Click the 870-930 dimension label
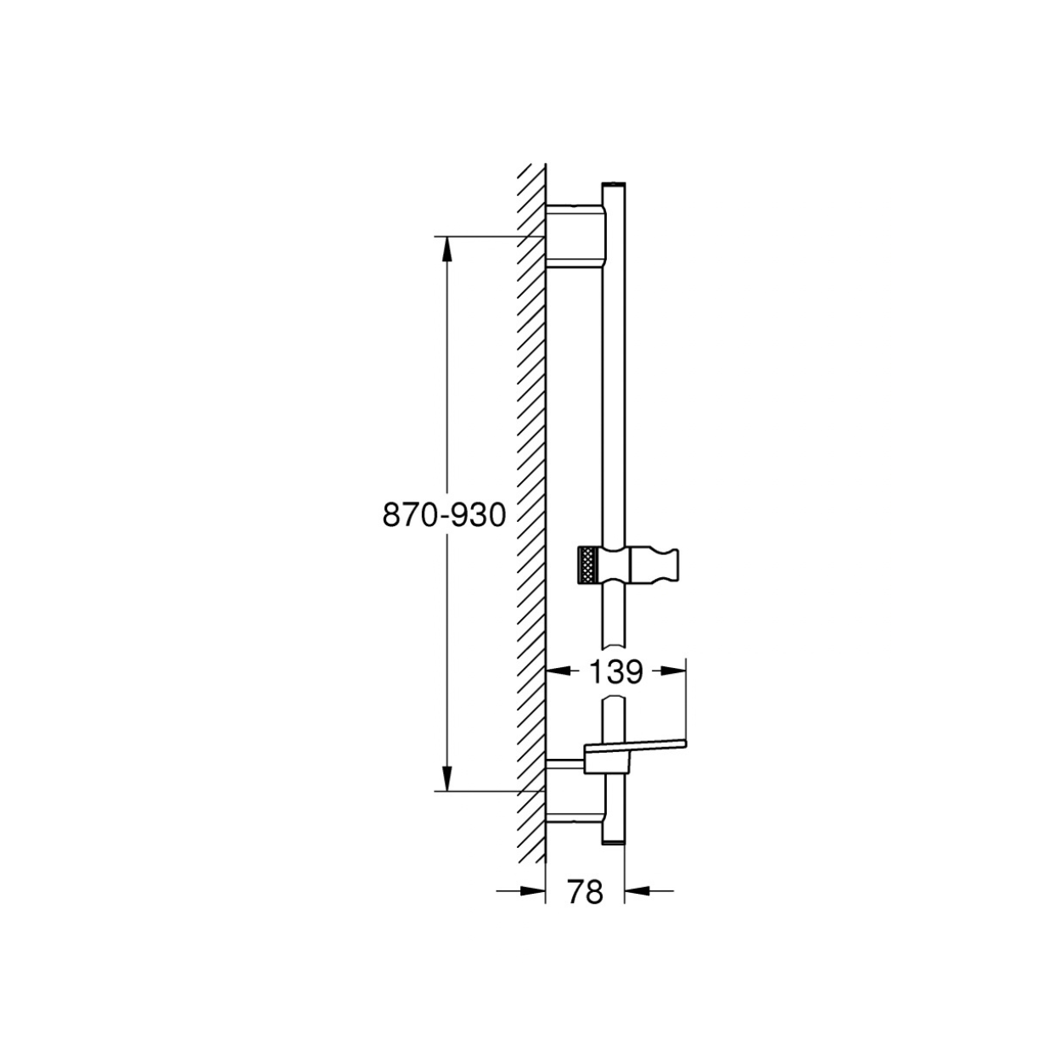(444, 516)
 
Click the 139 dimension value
(615, 671)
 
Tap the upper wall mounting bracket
(576, 236)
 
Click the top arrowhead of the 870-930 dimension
(447, 250)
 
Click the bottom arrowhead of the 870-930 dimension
(447, 778)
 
